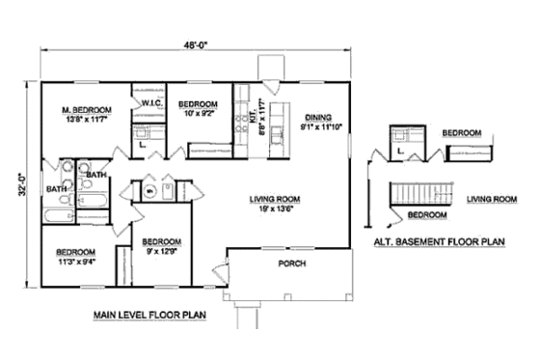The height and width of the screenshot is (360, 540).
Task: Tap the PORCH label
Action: tap(291, 263)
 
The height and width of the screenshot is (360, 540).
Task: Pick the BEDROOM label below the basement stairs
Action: tap(426, 214)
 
